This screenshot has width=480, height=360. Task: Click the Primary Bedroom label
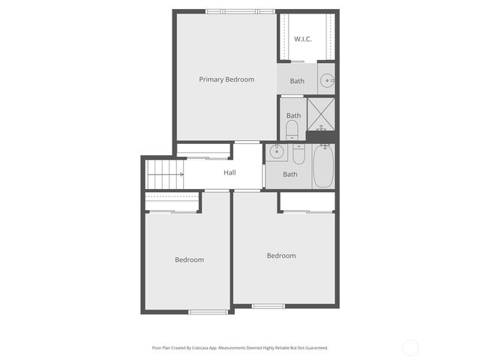[226, 79]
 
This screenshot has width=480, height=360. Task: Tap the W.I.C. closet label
[303, 39]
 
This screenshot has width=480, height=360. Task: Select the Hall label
[229, 173]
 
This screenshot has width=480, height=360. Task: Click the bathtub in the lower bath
[322, 166]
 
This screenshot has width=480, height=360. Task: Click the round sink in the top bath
[326, 80]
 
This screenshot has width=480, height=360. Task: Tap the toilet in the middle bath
[292, 132]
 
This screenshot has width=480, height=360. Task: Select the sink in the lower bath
[276, 152]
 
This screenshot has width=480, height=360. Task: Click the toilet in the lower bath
[298, 154]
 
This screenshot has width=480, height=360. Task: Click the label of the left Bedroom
[189, 260]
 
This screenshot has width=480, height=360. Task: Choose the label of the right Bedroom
[281, 256]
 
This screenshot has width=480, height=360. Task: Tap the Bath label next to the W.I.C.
[298, 81]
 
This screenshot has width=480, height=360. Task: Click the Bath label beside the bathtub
[290, 175]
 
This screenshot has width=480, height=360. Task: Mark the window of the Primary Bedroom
[240, 11]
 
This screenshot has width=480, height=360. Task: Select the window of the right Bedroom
[268, 305]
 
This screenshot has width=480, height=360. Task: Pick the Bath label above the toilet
[293, 115]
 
